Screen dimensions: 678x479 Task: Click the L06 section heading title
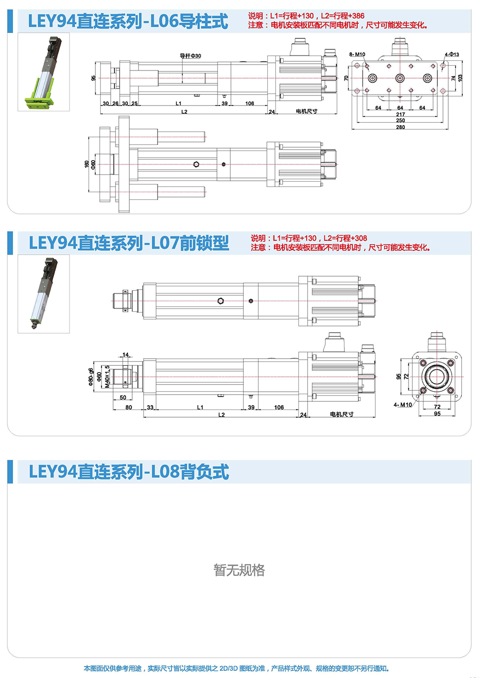point(128,22)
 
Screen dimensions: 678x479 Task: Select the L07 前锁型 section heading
point(129,243)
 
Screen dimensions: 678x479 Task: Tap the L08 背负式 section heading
point(129,472)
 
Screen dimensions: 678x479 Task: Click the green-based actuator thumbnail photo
point(44,72)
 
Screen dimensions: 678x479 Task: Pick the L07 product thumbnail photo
point(44,293)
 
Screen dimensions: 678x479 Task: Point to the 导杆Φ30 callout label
point(190,56)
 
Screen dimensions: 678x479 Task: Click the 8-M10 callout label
point(357,55)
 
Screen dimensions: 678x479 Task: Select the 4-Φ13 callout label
point(452,55)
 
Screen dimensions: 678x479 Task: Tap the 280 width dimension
point(400,127)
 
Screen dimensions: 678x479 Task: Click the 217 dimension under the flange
point(400,115)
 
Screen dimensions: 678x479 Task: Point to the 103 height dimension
point(461,78)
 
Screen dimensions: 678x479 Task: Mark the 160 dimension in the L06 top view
point(87,164)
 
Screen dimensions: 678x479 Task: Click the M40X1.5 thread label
point(107,376)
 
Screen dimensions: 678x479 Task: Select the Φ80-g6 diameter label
point(91,376)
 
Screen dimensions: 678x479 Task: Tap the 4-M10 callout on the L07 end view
point(402,405)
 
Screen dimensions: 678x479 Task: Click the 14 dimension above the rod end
point(125,355)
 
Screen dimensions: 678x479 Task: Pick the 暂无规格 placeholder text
point(239,570)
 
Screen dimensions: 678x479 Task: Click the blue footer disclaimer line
point(237,668)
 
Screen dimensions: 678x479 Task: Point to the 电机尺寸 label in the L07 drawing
point(342,414)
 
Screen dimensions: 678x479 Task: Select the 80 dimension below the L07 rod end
point(128,408)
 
